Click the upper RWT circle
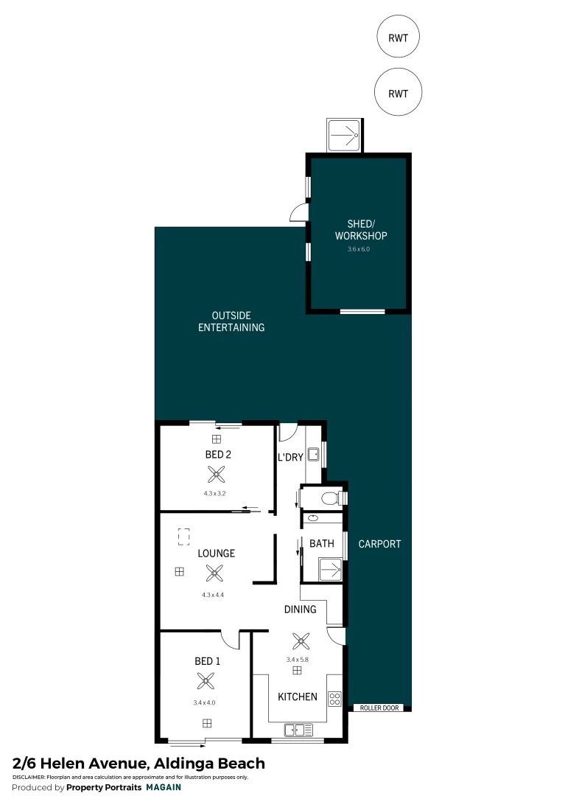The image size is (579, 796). (398, 36)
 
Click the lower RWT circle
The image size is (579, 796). (398, 93)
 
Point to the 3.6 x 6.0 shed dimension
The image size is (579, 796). (358, 249)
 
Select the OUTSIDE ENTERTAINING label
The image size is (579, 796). (231, 321)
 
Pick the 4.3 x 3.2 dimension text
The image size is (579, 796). (215, 493)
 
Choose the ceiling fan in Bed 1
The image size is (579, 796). (207, 681)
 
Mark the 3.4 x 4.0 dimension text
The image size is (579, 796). (204, 702)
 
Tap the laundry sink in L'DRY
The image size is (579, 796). (313, 455)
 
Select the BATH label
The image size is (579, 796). (322, 544)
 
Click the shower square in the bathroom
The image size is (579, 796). (329, 569)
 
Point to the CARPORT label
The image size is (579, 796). (379, 544)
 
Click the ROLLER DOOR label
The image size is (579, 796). (380, 708)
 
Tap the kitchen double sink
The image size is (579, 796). (298, 730)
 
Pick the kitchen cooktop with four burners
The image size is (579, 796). (335, 697)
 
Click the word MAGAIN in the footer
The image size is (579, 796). (164, 787)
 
